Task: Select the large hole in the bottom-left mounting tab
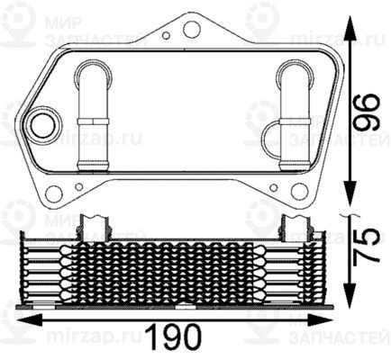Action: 55,193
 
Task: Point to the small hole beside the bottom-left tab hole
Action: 79,187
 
